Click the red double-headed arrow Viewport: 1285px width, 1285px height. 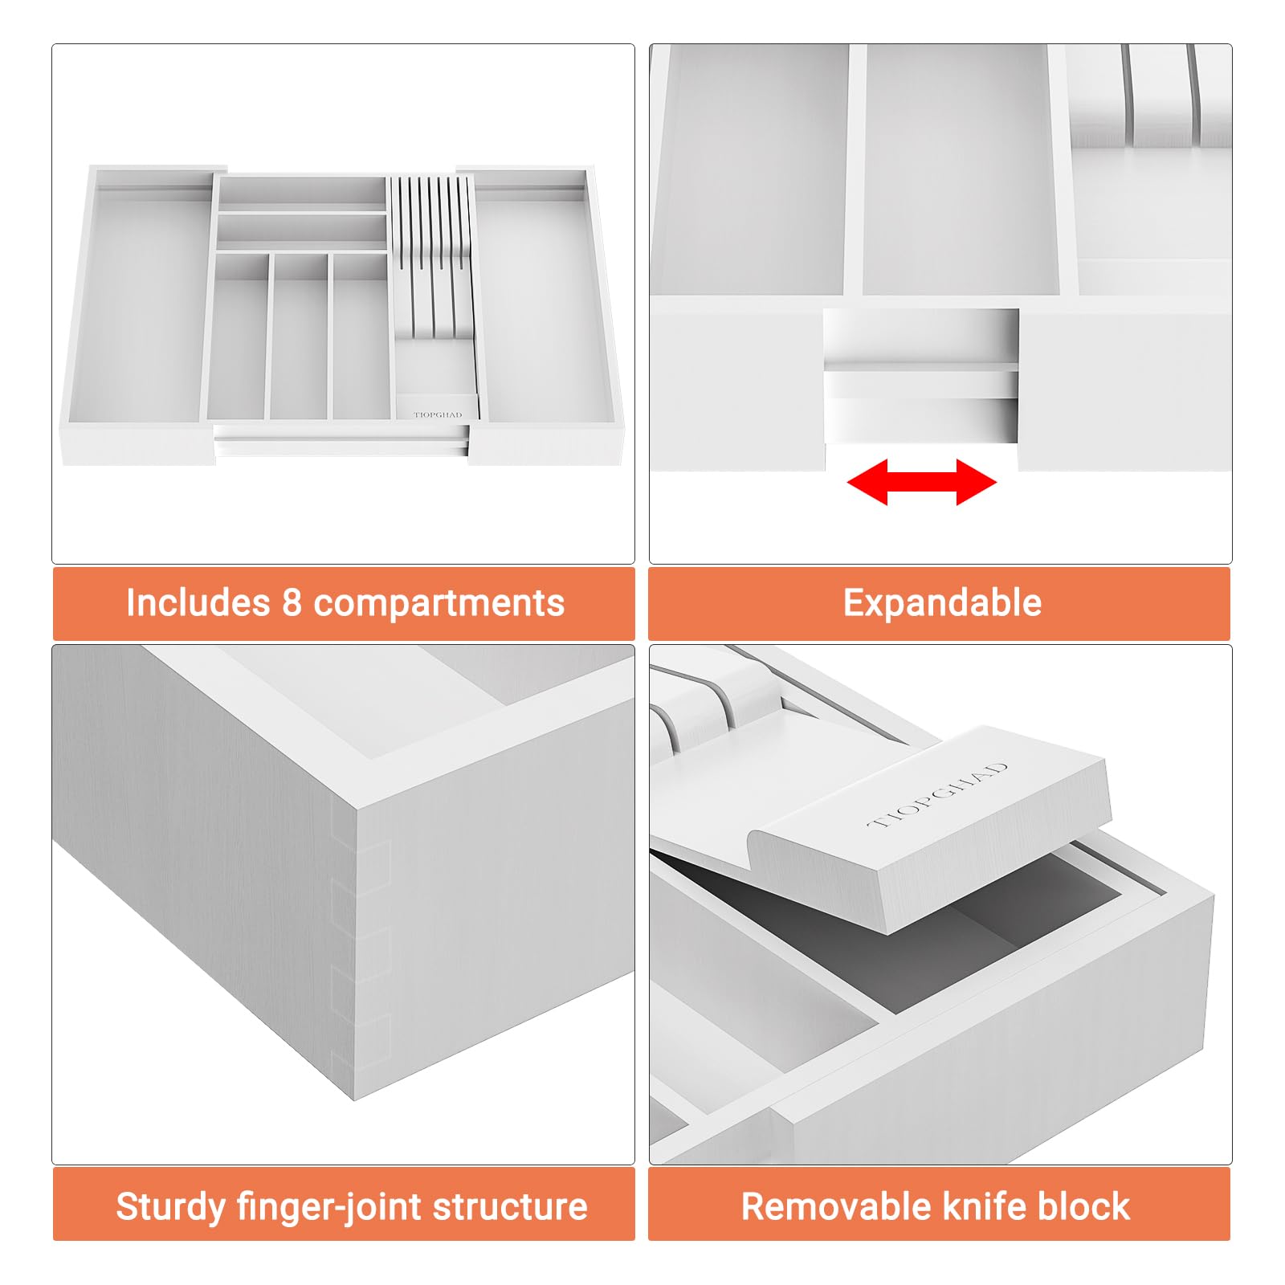click(x=921, y=482)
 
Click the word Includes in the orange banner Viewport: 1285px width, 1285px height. click(x=198, y=602)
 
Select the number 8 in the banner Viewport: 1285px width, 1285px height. click(x=292, y=603)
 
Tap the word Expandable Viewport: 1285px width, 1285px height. click(x=942, y=603)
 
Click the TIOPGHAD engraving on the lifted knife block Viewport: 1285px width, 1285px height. click(x=938, y=796)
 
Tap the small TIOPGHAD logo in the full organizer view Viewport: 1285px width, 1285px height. click(x=438, y=415)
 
